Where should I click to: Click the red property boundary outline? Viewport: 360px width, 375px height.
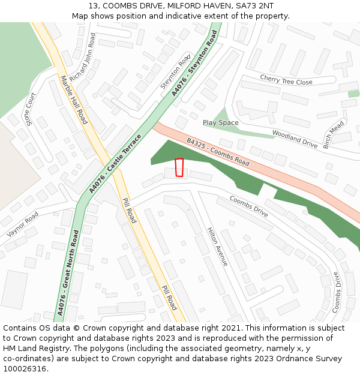(178, 167)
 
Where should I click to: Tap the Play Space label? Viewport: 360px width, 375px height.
(220, 123)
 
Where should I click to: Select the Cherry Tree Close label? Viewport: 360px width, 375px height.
(286, 80)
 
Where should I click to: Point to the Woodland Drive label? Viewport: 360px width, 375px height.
(295, 139)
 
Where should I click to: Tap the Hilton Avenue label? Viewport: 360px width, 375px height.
(217, 246)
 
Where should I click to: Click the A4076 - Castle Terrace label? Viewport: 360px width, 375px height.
(115, 163)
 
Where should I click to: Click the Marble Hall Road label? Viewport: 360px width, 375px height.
(73, 99)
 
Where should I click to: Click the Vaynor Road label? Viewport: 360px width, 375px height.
(23, 224)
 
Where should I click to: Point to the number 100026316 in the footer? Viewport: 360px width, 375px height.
(23, 368)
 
